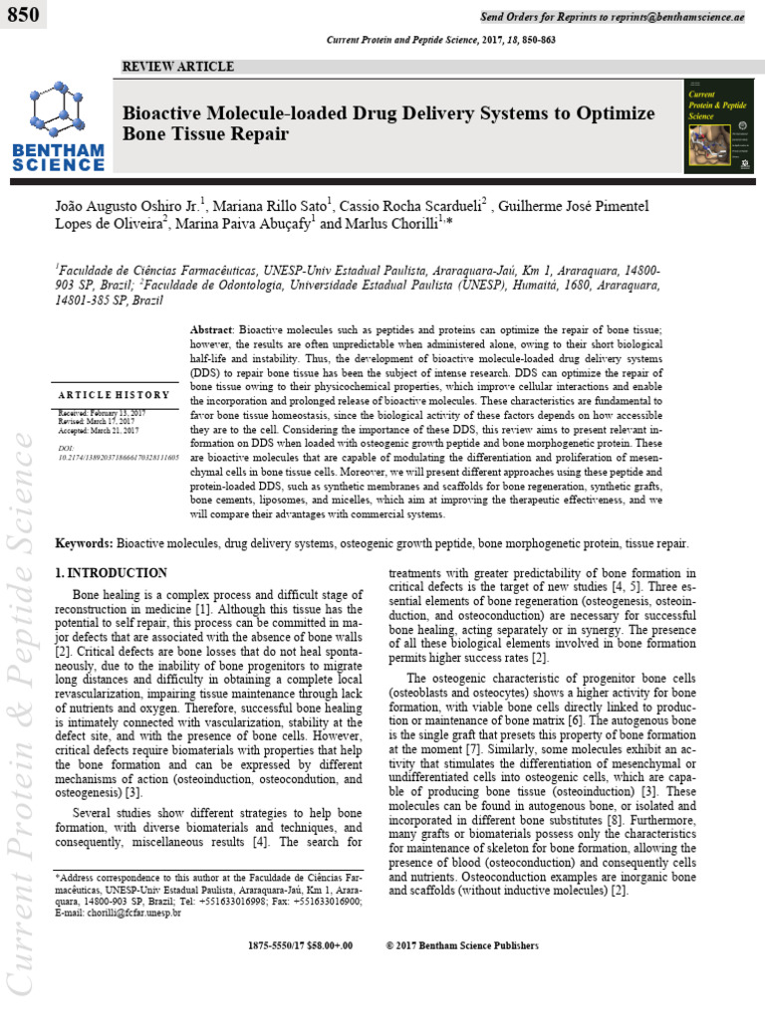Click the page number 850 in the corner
pyautogui.click(x=25, y=16)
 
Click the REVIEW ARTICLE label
pyautogui.click(x=177, y=67)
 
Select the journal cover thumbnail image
pyautogui.click(x=718, y=125)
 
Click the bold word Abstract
pyautogui.click(x=210, y=329)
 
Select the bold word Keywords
pyautogui.click(x=84, y=545)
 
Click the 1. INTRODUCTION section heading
pyautogui.click(x=111, y=573)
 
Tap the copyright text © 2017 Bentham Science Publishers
pyautogui.click(x=461, y=945)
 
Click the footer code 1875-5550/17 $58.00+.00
pyautogui.click(x=300, y=945)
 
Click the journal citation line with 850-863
pyautogui.click(x=441, y=38)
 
